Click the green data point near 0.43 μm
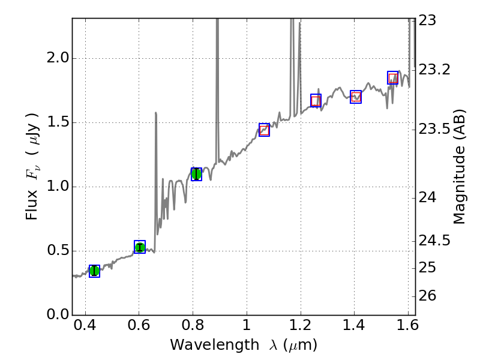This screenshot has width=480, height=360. (x=94, y=271)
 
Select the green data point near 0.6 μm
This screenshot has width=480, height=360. (x=140, y=247)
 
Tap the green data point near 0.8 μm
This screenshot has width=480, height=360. (x=196, y=174)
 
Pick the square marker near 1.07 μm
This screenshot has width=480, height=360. (x=264, y=130)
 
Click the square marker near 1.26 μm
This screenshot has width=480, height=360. (x=316, y=100)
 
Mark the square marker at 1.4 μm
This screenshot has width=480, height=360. (x=356, y=97)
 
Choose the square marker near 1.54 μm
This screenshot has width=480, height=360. (x=393, y=77)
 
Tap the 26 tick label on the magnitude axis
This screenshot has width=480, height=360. (x=429, y=296)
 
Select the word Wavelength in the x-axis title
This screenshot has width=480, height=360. (x=204, y=346)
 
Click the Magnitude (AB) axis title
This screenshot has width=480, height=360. (x=460, y=166)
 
